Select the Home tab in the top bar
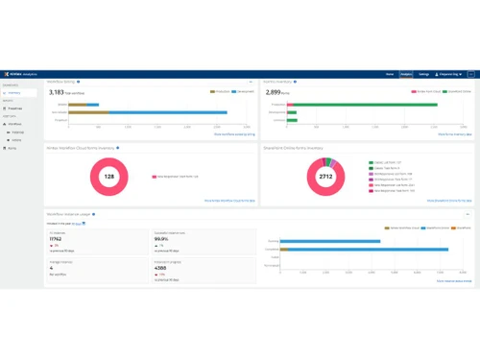pos(389,73)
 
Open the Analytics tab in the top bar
pos(406,73)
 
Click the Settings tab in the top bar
pos(424,73)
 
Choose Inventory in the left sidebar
pos(17,92)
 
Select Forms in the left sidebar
pos(13,149)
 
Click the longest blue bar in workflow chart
pos(168,112)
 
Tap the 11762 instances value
pos(56,239)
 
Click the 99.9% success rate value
pos(161,239)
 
